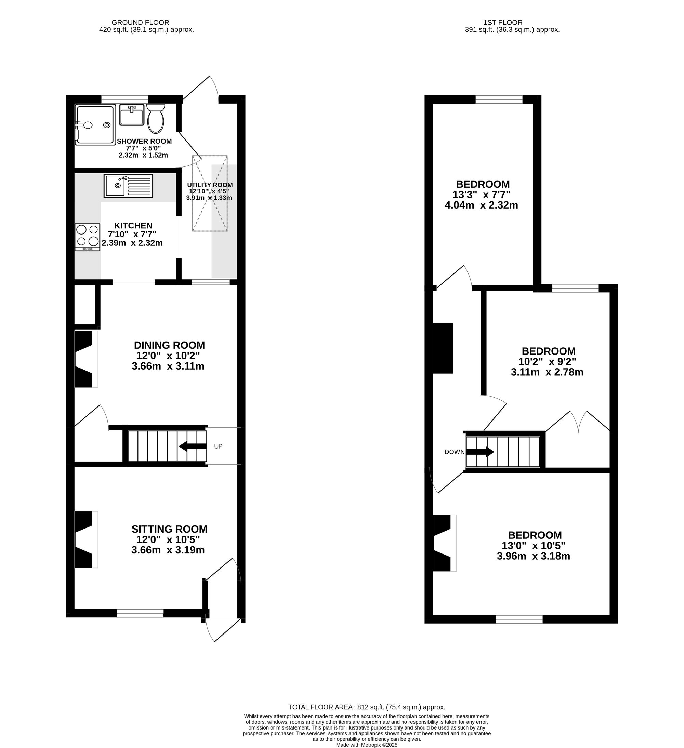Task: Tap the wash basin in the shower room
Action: pyautogui.click(x=132, y=115)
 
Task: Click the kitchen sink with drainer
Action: pyautogui.click(x=128, y=186)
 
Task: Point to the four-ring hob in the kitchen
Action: pyautogui.click(x=88, y=237)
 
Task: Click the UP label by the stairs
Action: pyautogui.click(x=218, y=446)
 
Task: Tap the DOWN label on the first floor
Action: pyautogui.click(x=454, y=452)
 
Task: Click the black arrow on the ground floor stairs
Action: pyautogui.click(x=193, y=446)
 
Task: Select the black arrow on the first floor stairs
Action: pyautogui.click(x=480, y=452)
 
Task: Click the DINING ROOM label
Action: pyautogui.click(x=169, y=345)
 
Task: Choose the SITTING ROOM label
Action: pyautogui.click(x=169, y=529)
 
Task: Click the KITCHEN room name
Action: pyautogui.click(x=133, y=226)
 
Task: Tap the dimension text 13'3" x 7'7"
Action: pyautogui.click(x=481, y=195)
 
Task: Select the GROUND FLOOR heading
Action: pyautogui.click(x=140, y=23)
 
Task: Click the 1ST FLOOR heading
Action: pyautogui.click(x=503, y=23)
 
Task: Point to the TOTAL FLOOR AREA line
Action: pyautogui.click(x=367, y=707)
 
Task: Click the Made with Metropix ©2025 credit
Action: pyautogui.click(x=367, y=745)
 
